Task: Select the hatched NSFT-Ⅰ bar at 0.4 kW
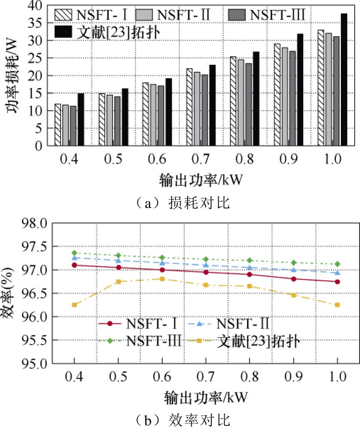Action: tap(58, 125)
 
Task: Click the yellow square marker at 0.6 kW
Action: tap(162, 279)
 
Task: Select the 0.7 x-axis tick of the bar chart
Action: tap(202, 160)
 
